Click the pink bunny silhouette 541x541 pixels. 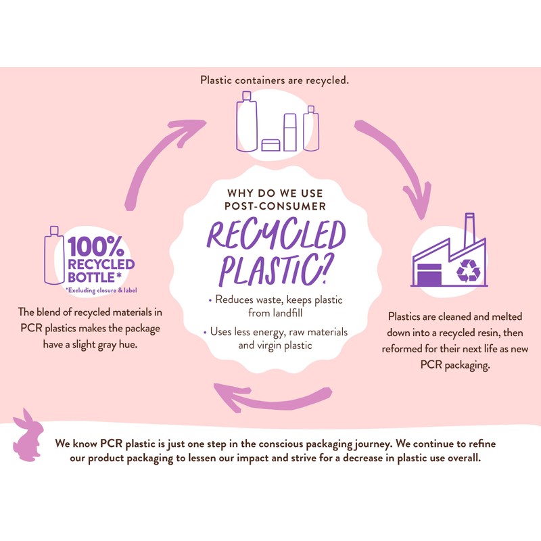coord(28,436)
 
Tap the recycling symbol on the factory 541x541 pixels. coord(468,270)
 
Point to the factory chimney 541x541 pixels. coord(469,229)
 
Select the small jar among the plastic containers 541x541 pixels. coord(271,145)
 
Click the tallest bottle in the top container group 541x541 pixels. coord(247,122)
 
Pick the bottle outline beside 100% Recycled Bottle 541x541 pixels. coord(54,256)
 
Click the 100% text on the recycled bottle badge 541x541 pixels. coord(96,246)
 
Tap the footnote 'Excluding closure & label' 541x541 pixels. coord(101,291)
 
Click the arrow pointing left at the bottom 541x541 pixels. coord(273,398)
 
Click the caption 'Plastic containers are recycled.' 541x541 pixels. coord(275,80)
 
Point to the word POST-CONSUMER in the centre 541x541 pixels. coord(275,206)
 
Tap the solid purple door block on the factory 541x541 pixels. coord(429,275)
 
